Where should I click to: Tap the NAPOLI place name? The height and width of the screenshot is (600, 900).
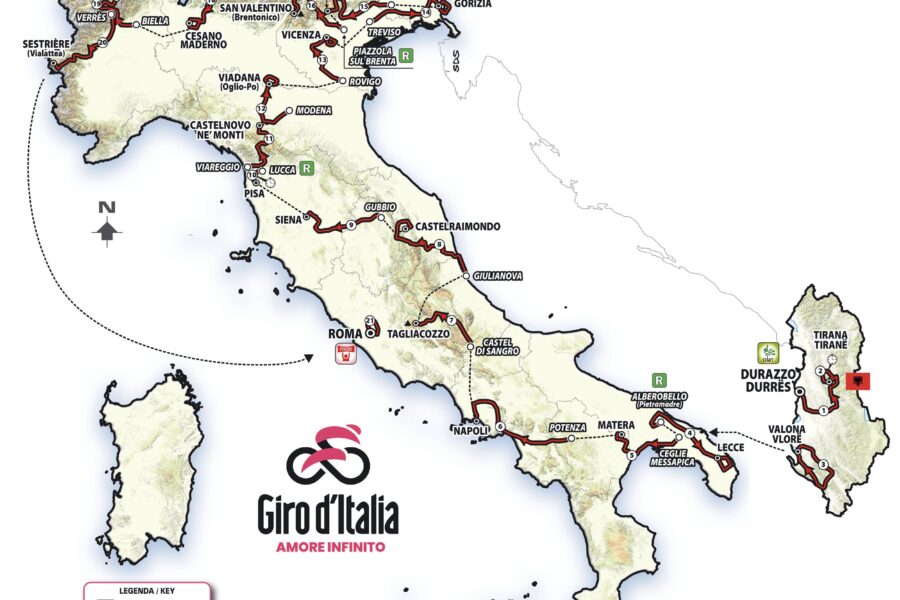pos(469,431)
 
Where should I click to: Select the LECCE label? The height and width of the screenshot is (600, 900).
pos(731,447)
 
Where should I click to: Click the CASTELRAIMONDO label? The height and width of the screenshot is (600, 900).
pos(457,227)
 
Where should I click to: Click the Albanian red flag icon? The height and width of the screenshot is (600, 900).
pos(858,381)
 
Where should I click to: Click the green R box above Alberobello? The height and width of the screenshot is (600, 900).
pos(659,380)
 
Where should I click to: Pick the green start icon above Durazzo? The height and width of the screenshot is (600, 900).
pos(767,354)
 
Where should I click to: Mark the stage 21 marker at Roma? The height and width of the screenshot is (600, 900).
pos(370,321)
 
